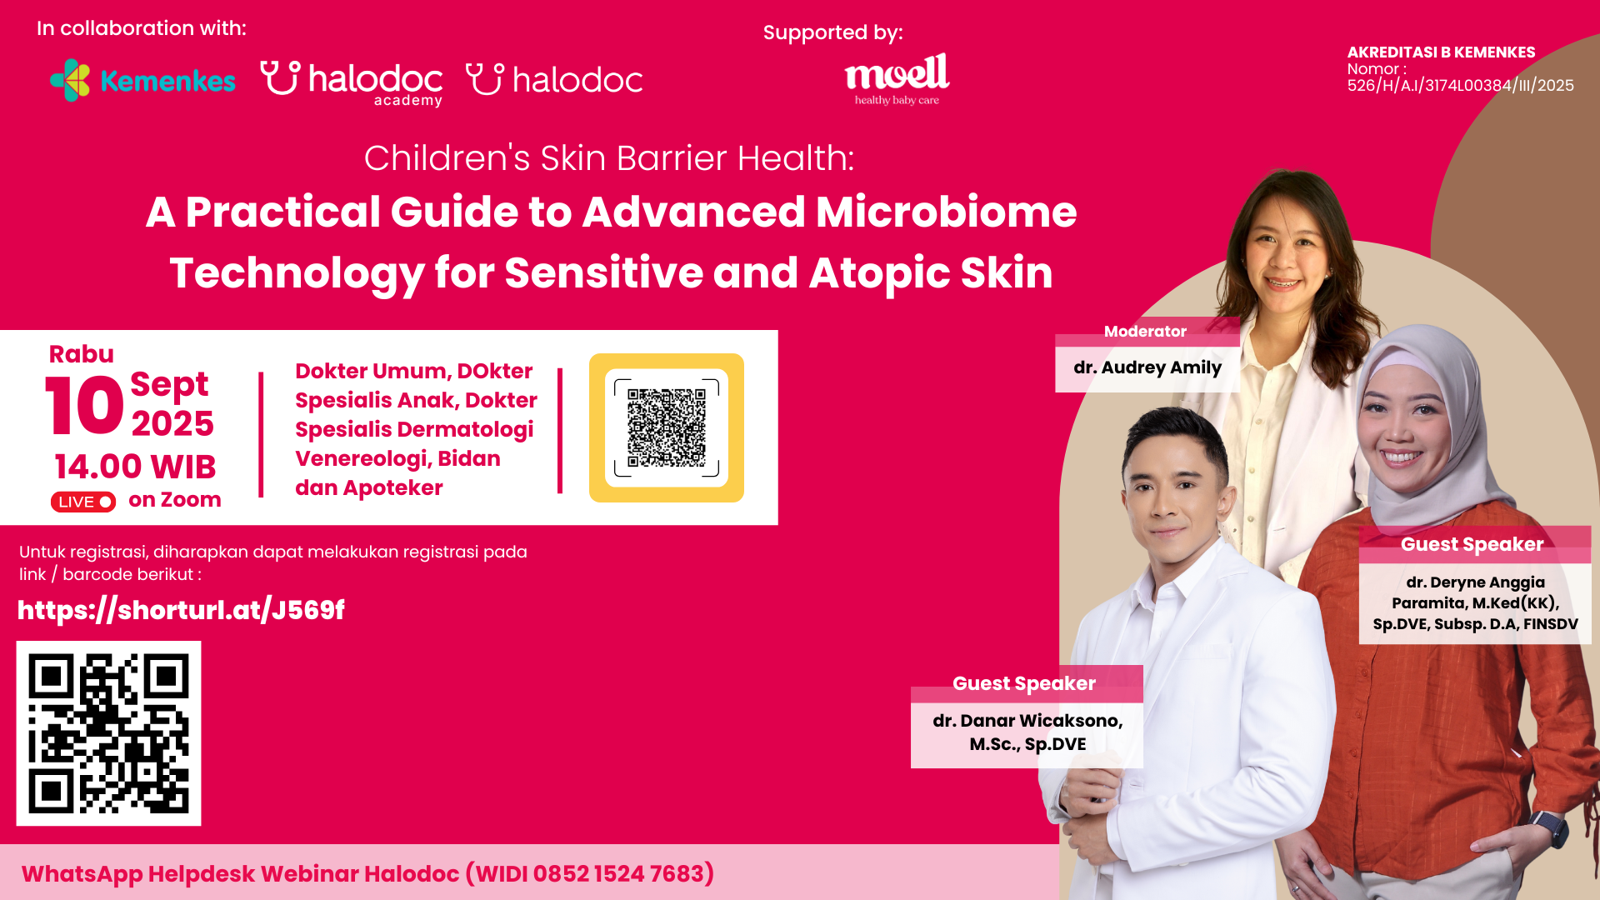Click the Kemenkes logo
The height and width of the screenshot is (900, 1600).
click(x=142, y=80)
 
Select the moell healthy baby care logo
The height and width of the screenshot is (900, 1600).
click(x=897, y=79)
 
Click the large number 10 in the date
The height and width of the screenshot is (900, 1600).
click(x=84, y=405)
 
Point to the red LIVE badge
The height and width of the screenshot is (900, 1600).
click(x=83, y=502)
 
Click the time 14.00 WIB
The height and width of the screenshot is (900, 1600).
click(x=135, y=467)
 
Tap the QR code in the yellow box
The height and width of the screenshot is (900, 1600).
click(x=667, y=427)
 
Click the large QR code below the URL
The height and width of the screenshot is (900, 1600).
click(x=108, y=733)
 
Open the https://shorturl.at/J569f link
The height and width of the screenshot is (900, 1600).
click(x=181, y=610)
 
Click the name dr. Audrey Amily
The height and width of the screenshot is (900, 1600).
click(x=1147, y=367)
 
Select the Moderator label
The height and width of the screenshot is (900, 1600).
click(x=1145, y=332)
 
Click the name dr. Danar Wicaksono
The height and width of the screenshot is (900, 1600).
click(x=1027, y=721)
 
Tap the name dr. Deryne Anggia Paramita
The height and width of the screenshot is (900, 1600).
click(x=1475, y=592)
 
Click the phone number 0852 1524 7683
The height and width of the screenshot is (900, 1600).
click(x=619, y=873)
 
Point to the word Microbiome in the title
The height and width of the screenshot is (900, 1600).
click(x=946, y=212)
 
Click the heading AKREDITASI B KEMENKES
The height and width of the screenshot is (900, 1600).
click(x=1441, y=52)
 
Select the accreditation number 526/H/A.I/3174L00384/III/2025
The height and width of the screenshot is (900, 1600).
click(x=1461, y=86)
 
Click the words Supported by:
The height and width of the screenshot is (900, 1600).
click(x=833, y=33)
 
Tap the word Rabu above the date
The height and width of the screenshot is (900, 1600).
click(x=82, y=354)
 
